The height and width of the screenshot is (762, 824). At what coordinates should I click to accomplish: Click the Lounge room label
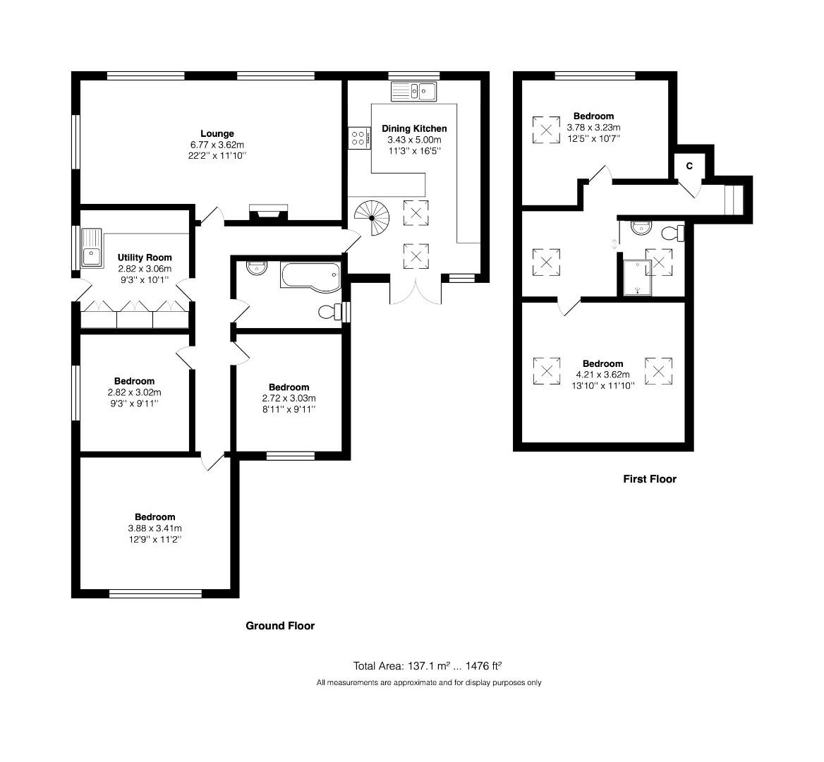tap(217, 133)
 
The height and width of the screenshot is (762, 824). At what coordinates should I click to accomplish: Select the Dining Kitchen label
tap(414, 128)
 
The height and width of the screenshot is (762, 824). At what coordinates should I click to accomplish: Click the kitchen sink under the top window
tap(415, 91)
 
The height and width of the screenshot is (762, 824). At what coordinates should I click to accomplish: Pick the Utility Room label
tap(145, 258)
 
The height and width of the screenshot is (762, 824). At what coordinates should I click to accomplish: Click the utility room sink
tap(92, 248)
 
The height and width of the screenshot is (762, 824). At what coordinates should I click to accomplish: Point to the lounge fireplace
tap(268, 212)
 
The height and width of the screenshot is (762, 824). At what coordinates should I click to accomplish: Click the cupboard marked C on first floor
tap(689, 166)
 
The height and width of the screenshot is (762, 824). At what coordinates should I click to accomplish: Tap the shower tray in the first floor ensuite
tap(636, 277)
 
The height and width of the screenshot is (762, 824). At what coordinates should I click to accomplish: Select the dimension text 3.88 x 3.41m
tap(154, 528)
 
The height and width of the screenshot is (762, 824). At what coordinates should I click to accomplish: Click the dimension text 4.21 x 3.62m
tap(602, 375)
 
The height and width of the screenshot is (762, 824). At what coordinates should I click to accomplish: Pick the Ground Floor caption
tap(279, 626)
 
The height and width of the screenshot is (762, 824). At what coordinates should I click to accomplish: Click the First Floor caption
tap(649, 479)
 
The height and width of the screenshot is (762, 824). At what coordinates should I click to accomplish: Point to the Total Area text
tap(427, 665)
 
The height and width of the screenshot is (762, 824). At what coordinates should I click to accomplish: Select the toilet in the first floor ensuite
tap(673, 233)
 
